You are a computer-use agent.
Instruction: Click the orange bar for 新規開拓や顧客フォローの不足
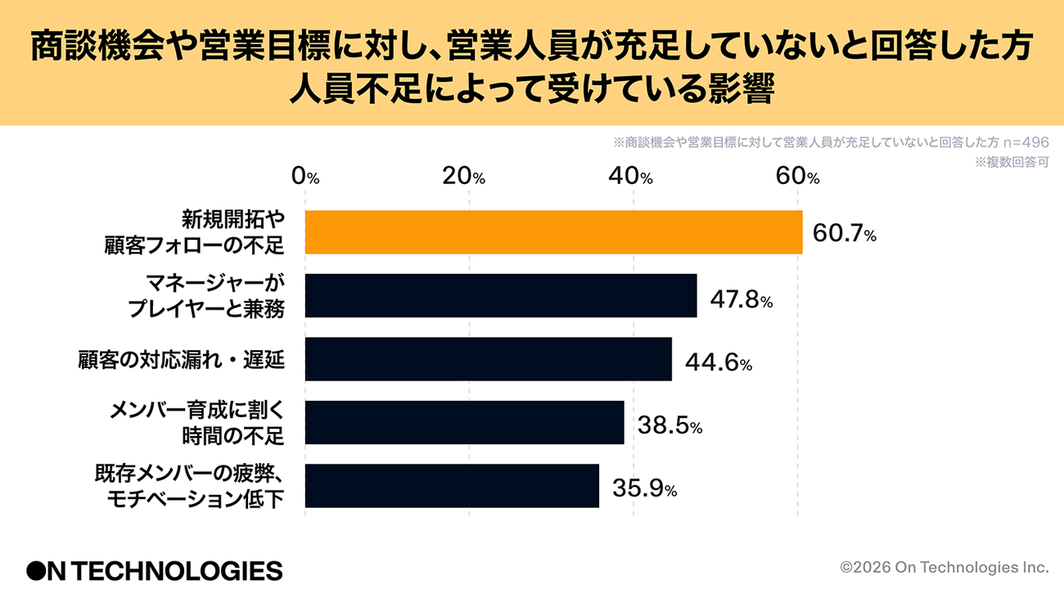[x=553, y=232]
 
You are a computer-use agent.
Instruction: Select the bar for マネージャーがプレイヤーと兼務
[x=501, y=295]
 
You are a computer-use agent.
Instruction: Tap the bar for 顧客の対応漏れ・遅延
[x=489, y=359]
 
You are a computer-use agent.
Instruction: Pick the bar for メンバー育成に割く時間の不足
[x=464, y=422]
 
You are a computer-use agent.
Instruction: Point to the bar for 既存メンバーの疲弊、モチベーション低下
[x=452, y=486]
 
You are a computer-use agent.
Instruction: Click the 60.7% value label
[x=845, y=234]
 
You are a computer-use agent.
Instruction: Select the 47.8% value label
[x=741, y=299]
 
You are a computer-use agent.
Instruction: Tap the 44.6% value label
[x=717, y=362]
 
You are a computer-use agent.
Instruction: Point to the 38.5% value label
[x=669, y=425]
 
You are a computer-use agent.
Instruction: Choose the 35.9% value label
[x=644, y=489]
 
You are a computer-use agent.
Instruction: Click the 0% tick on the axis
[x=305, y=176]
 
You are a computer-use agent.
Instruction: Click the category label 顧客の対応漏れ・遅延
[x=181, y=359]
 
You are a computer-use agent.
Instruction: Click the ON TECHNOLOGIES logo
[x=154, y=570]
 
